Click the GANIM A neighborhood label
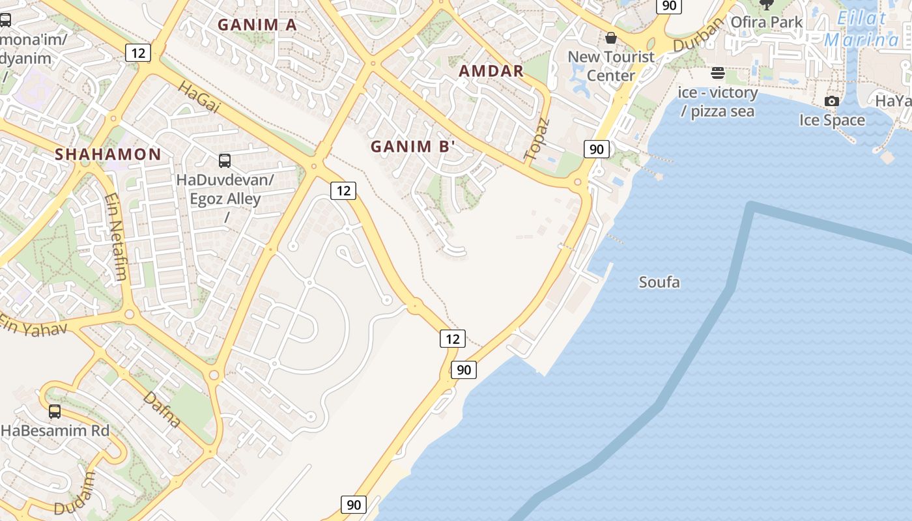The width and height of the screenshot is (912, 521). (x=257, y=25)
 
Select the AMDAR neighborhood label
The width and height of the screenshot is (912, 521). (x=491, y=71)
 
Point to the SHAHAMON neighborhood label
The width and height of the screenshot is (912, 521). (x=107, y=154)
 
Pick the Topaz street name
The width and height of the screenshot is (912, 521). (x=537, y=139)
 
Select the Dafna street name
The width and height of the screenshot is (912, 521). (x=162, y=409)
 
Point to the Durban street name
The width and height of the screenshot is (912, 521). (x=699, y=35)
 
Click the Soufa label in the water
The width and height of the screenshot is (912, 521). (x=659, y=282)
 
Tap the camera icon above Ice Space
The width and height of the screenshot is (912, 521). (x=832, y=101)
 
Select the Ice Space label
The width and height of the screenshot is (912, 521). (x=832, y=120)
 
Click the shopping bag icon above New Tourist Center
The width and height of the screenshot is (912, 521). (x=611, y=38)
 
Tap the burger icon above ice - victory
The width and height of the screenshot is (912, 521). (x=718, y=72)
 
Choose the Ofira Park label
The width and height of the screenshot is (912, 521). (x=766, y=22)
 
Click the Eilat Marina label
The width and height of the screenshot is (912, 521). (x=861, y=29)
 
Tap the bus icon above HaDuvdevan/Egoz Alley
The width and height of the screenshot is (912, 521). (x=225, y=160)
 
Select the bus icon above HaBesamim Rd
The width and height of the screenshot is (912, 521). (x=55, y=411)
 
